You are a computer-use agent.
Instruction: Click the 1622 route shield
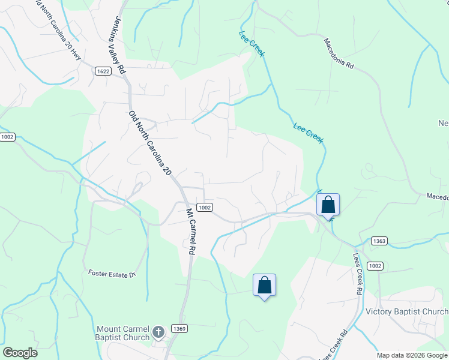tap(103, 71)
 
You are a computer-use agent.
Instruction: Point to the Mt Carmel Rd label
tap(191, 230)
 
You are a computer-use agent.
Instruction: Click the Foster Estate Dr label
tap(113, 274)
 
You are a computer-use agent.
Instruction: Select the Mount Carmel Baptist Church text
tap(124, 333)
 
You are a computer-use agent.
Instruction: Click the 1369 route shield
tap(179, 328)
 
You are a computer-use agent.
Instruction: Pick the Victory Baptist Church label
tap(406, 312)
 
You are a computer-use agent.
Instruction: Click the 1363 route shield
tap(379, 241)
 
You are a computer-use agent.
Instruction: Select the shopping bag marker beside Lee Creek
tap(328, 205)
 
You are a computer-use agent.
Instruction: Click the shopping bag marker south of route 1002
tap(264, 286)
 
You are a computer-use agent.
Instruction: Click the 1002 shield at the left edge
tap(7, 137)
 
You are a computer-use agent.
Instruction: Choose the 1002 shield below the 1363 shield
tap(375, 266)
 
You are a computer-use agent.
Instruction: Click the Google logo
tap(20, 353)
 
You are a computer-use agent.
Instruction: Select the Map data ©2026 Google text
tap(411, 355)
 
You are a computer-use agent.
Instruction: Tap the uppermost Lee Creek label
tap(252, 44)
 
